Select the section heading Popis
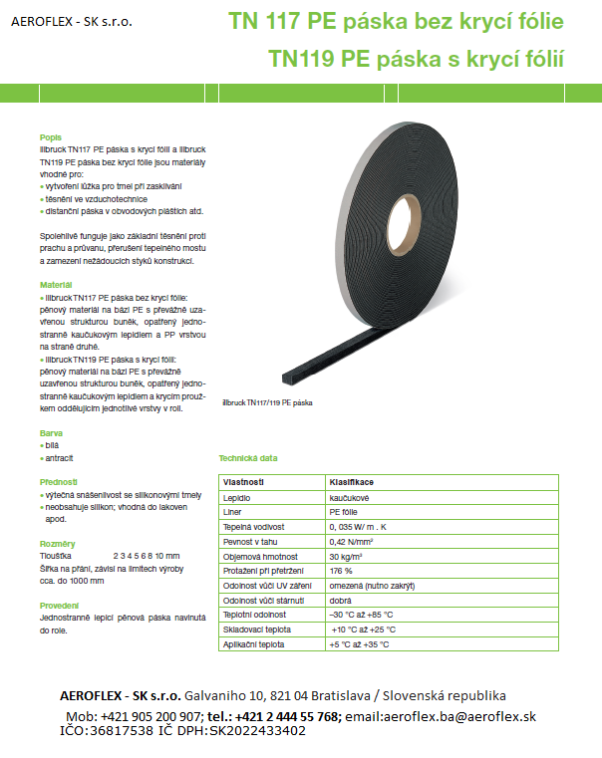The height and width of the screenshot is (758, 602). coord(50,137)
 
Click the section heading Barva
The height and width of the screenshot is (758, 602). coord(51,434)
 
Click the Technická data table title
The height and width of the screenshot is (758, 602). coord(248,458)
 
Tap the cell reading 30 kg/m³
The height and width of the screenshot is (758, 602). coord(349,556)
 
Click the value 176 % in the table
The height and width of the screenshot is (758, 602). coord(341,571)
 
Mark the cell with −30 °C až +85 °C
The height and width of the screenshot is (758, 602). coord(361,615)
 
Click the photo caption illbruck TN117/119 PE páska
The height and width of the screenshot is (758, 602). coord(267,402)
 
